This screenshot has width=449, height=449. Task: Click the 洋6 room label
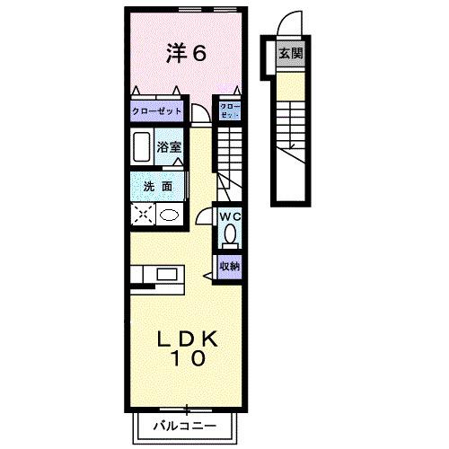pyautogui.click(x=187, y=53)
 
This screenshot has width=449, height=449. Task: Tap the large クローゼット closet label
pyautogui.click(x=157, y=110)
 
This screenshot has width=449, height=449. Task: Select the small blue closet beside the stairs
pyautogui.click(x=230, y=111)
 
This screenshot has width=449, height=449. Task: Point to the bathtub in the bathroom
pyautogui.click(x=141, y=145)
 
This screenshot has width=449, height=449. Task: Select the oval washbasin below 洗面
pyautogui.click(x=168, y=215)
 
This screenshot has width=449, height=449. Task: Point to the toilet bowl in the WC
pyautogui.click(x=231, y=234)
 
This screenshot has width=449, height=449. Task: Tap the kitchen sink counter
pyautogui.click(x=158, y=274)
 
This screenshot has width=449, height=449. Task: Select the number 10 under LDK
pyautogui.click(x=190, y=357)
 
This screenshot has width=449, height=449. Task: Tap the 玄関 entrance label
pyautogui.click(x=290, y=53)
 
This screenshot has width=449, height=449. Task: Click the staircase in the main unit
pyautogui.click(x=231, y=153)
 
